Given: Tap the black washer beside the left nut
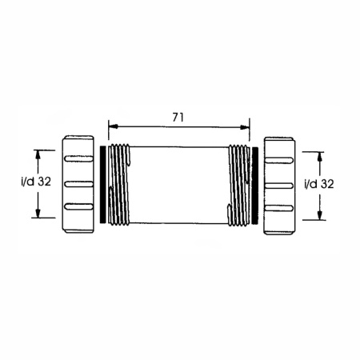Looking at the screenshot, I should pos(102,184).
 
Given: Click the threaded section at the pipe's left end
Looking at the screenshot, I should pos(120,184).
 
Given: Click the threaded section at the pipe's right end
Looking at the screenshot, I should pos(237,184).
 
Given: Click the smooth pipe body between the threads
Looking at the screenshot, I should pos(178,184).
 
